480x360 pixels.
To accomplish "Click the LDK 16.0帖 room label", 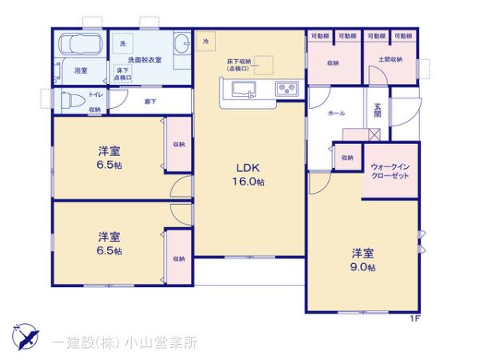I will click(x=250, y=174).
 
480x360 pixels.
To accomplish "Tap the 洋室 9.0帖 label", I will click(x=362, y=259).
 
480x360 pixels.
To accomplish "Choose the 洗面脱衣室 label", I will click(x=144, y=60).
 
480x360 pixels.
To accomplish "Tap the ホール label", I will click(x=336, y=114).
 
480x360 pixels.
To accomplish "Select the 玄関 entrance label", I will click(x=376, y=114).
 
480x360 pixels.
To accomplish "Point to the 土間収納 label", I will click(x=391, y=62).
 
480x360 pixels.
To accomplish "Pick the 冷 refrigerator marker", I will click(x=206, y=41).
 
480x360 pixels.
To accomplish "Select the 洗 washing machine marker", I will click(x=123, y=42).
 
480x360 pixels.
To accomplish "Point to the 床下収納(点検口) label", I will click(x=238, y=65).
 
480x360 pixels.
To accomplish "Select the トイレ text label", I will click(x=61, y=94).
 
